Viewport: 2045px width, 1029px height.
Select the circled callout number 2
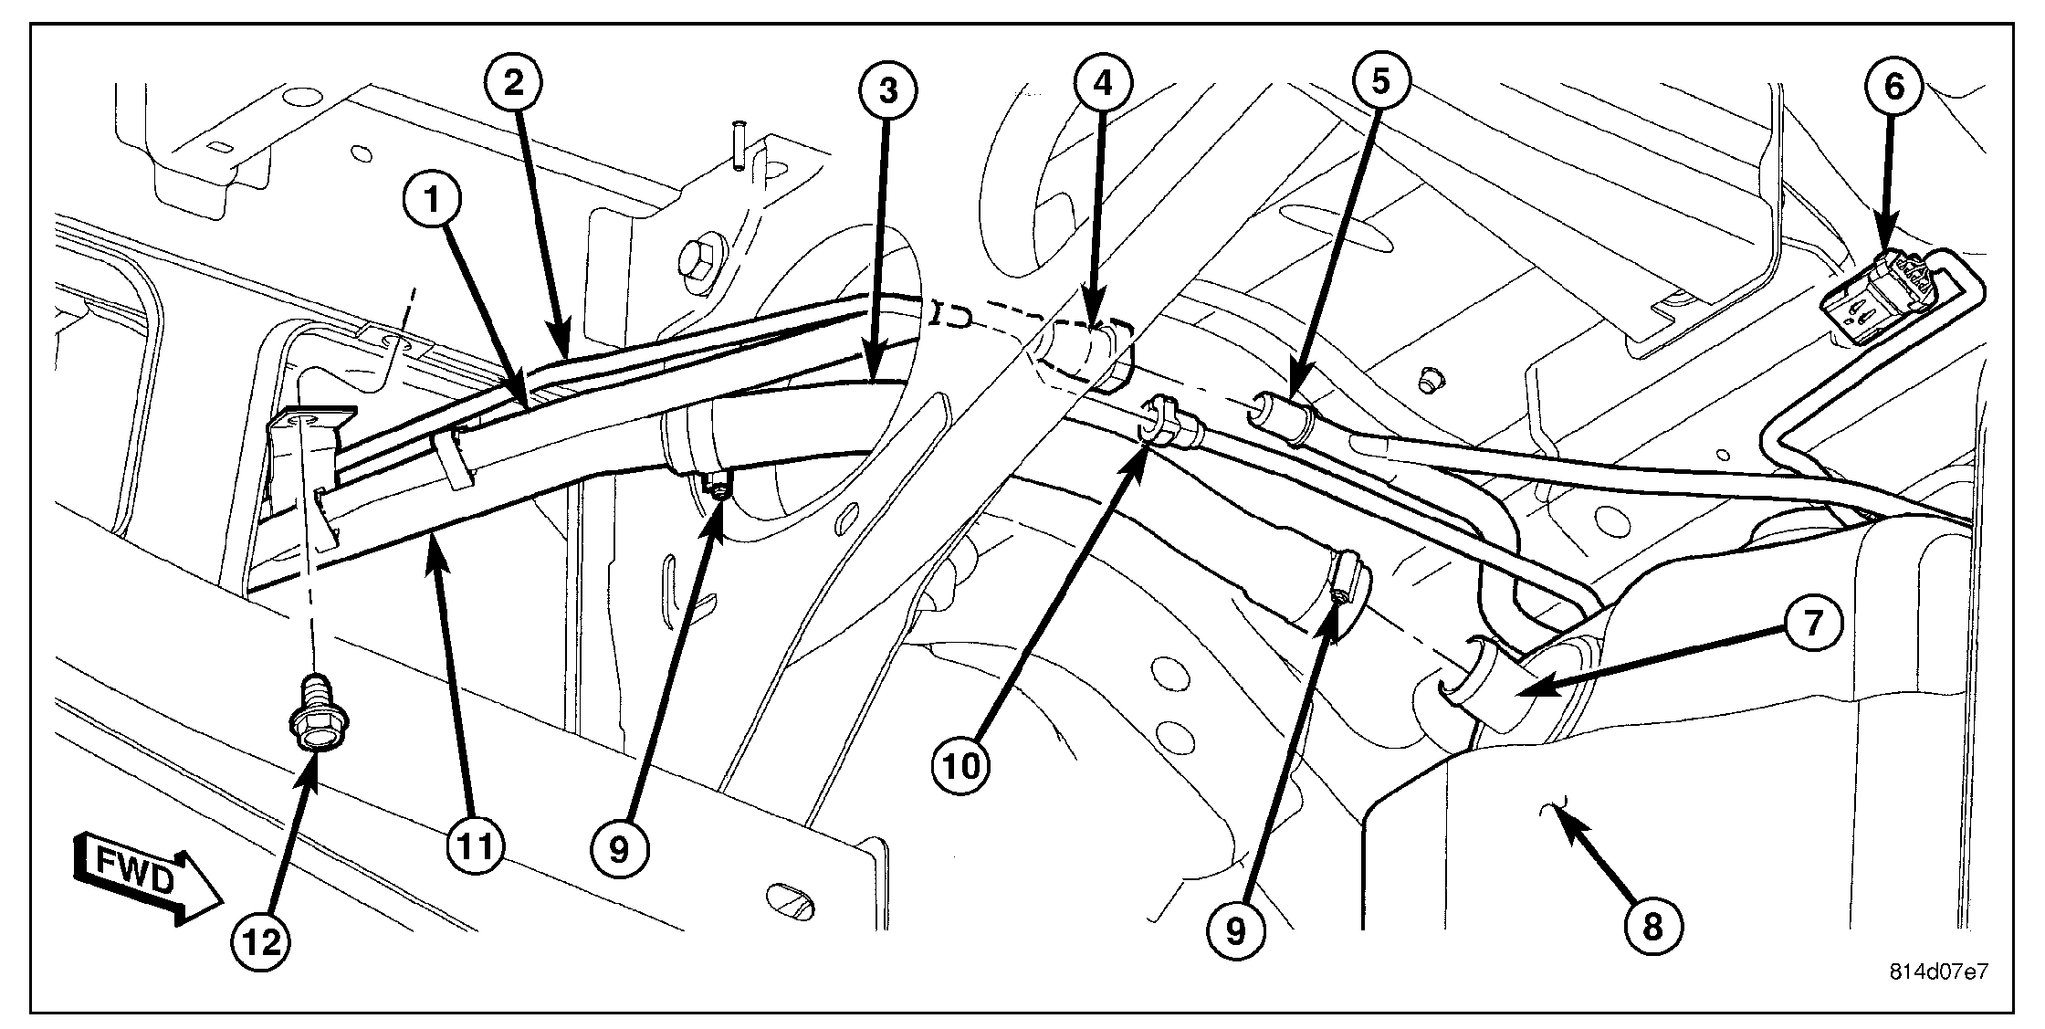513,83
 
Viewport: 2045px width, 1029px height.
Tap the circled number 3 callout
887,89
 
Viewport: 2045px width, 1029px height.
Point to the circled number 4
1103,83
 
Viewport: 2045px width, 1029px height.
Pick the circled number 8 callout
1652,927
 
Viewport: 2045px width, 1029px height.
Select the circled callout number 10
961,766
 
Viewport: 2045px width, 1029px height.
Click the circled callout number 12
262,942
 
